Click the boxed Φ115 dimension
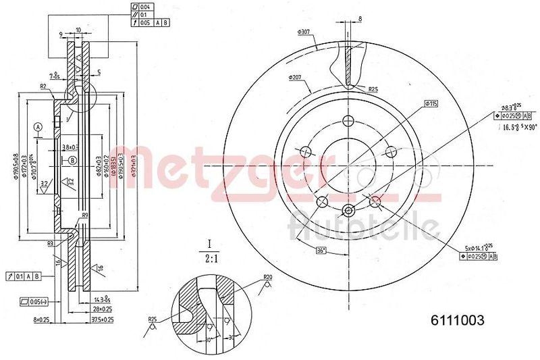431,103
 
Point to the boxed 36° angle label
321,251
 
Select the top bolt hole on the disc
348,121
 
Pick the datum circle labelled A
38,126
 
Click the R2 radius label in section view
43,86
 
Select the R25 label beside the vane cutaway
373,88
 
